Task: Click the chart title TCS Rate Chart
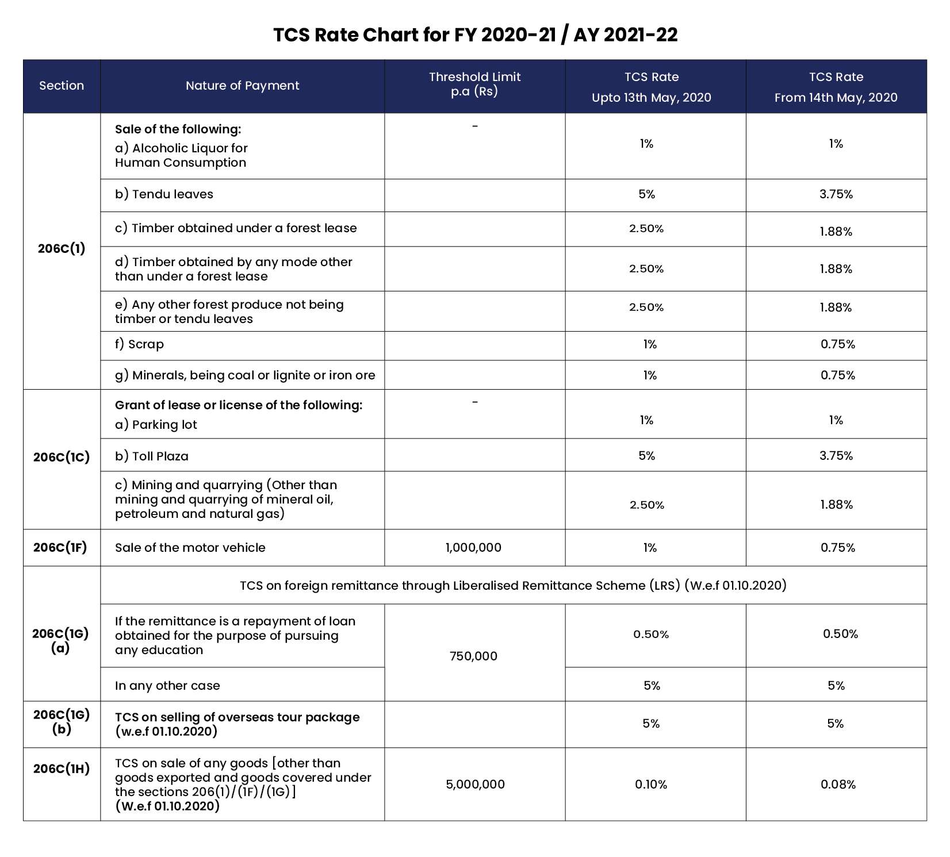coord(475,35)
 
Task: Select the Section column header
coord(62,86)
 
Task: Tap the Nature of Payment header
coord(242,86)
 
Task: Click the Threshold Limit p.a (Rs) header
coord(474,84)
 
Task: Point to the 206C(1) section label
coord(62,248)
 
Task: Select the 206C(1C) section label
coord(62,457)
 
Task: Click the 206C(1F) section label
coord(60,547)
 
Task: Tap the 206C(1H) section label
coord(62,768)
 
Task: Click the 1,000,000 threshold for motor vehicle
coord(473,548)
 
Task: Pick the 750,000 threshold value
coord(473,656)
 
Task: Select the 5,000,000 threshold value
coord(475,784)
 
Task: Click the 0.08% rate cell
coord(838,784)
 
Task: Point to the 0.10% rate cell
coord(651,784)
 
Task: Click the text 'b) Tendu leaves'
coord(164,194)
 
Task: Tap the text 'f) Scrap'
coord(139,344)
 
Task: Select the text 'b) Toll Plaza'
coord(152,456)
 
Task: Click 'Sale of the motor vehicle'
coord(190,547)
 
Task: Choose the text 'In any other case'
coord(167,685)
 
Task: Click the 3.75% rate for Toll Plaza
coord(836,456)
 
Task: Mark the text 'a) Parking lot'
coord(156,425)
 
